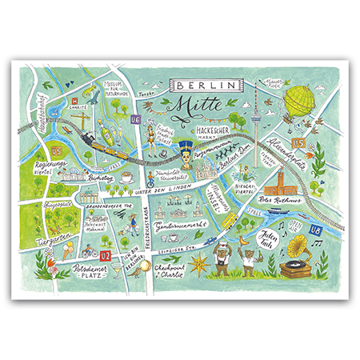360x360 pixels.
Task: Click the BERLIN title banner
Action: (207, 83)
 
